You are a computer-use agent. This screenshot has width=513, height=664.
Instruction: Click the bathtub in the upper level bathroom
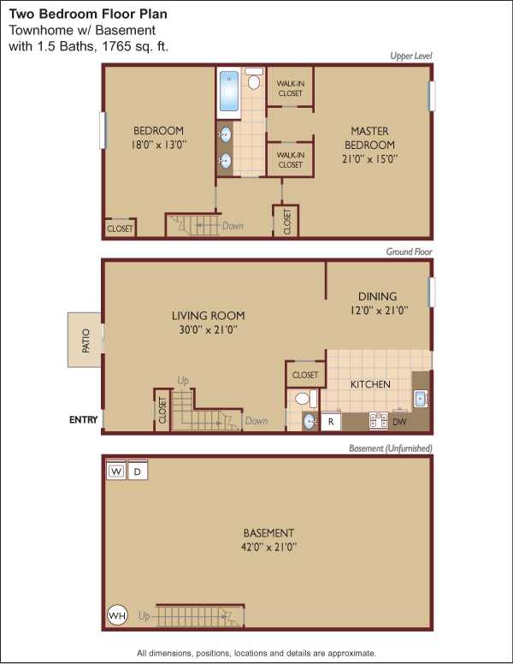pos(229,91)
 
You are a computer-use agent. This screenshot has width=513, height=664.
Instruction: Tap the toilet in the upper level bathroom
pos(254,79)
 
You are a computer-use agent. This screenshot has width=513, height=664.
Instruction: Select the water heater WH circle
pos(117,615)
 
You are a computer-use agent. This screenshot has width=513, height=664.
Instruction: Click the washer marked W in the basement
pos(116,471)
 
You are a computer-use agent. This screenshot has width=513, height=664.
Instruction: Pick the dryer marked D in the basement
pos(137,471)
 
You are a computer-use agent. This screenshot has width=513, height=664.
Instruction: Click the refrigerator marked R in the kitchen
pos(331,421)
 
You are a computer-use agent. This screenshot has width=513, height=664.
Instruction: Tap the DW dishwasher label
pos(399,421)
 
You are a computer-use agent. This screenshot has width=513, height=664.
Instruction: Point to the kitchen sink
pos(421,399)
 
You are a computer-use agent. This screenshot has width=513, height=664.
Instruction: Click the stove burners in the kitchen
pos(379,420)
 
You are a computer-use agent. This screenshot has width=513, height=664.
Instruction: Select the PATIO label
pos(85,340)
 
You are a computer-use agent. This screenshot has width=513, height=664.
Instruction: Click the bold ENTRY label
pos(84,419)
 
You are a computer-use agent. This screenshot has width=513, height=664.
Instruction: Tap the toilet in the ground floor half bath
pos(305,399)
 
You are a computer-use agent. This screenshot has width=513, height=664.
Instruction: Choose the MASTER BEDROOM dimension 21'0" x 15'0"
pos(369,159)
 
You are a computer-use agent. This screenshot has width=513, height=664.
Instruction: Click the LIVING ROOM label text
pos(208,316)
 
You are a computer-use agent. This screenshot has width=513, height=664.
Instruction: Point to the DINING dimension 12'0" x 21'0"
pos(379,311)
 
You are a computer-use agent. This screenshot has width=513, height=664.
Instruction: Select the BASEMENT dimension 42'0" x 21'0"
pos(268,547)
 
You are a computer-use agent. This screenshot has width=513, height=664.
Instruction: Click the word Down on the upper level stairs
pos(233,226)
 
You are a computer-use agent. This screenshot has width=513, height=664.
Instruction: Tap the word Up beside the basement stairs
pos(144,616)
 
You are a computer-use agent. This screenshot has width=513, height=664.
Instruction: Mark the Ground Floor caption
pos(409,252)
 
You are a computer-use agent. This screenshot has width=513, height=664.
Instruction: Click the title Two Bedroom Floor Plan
pos(88,14)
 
